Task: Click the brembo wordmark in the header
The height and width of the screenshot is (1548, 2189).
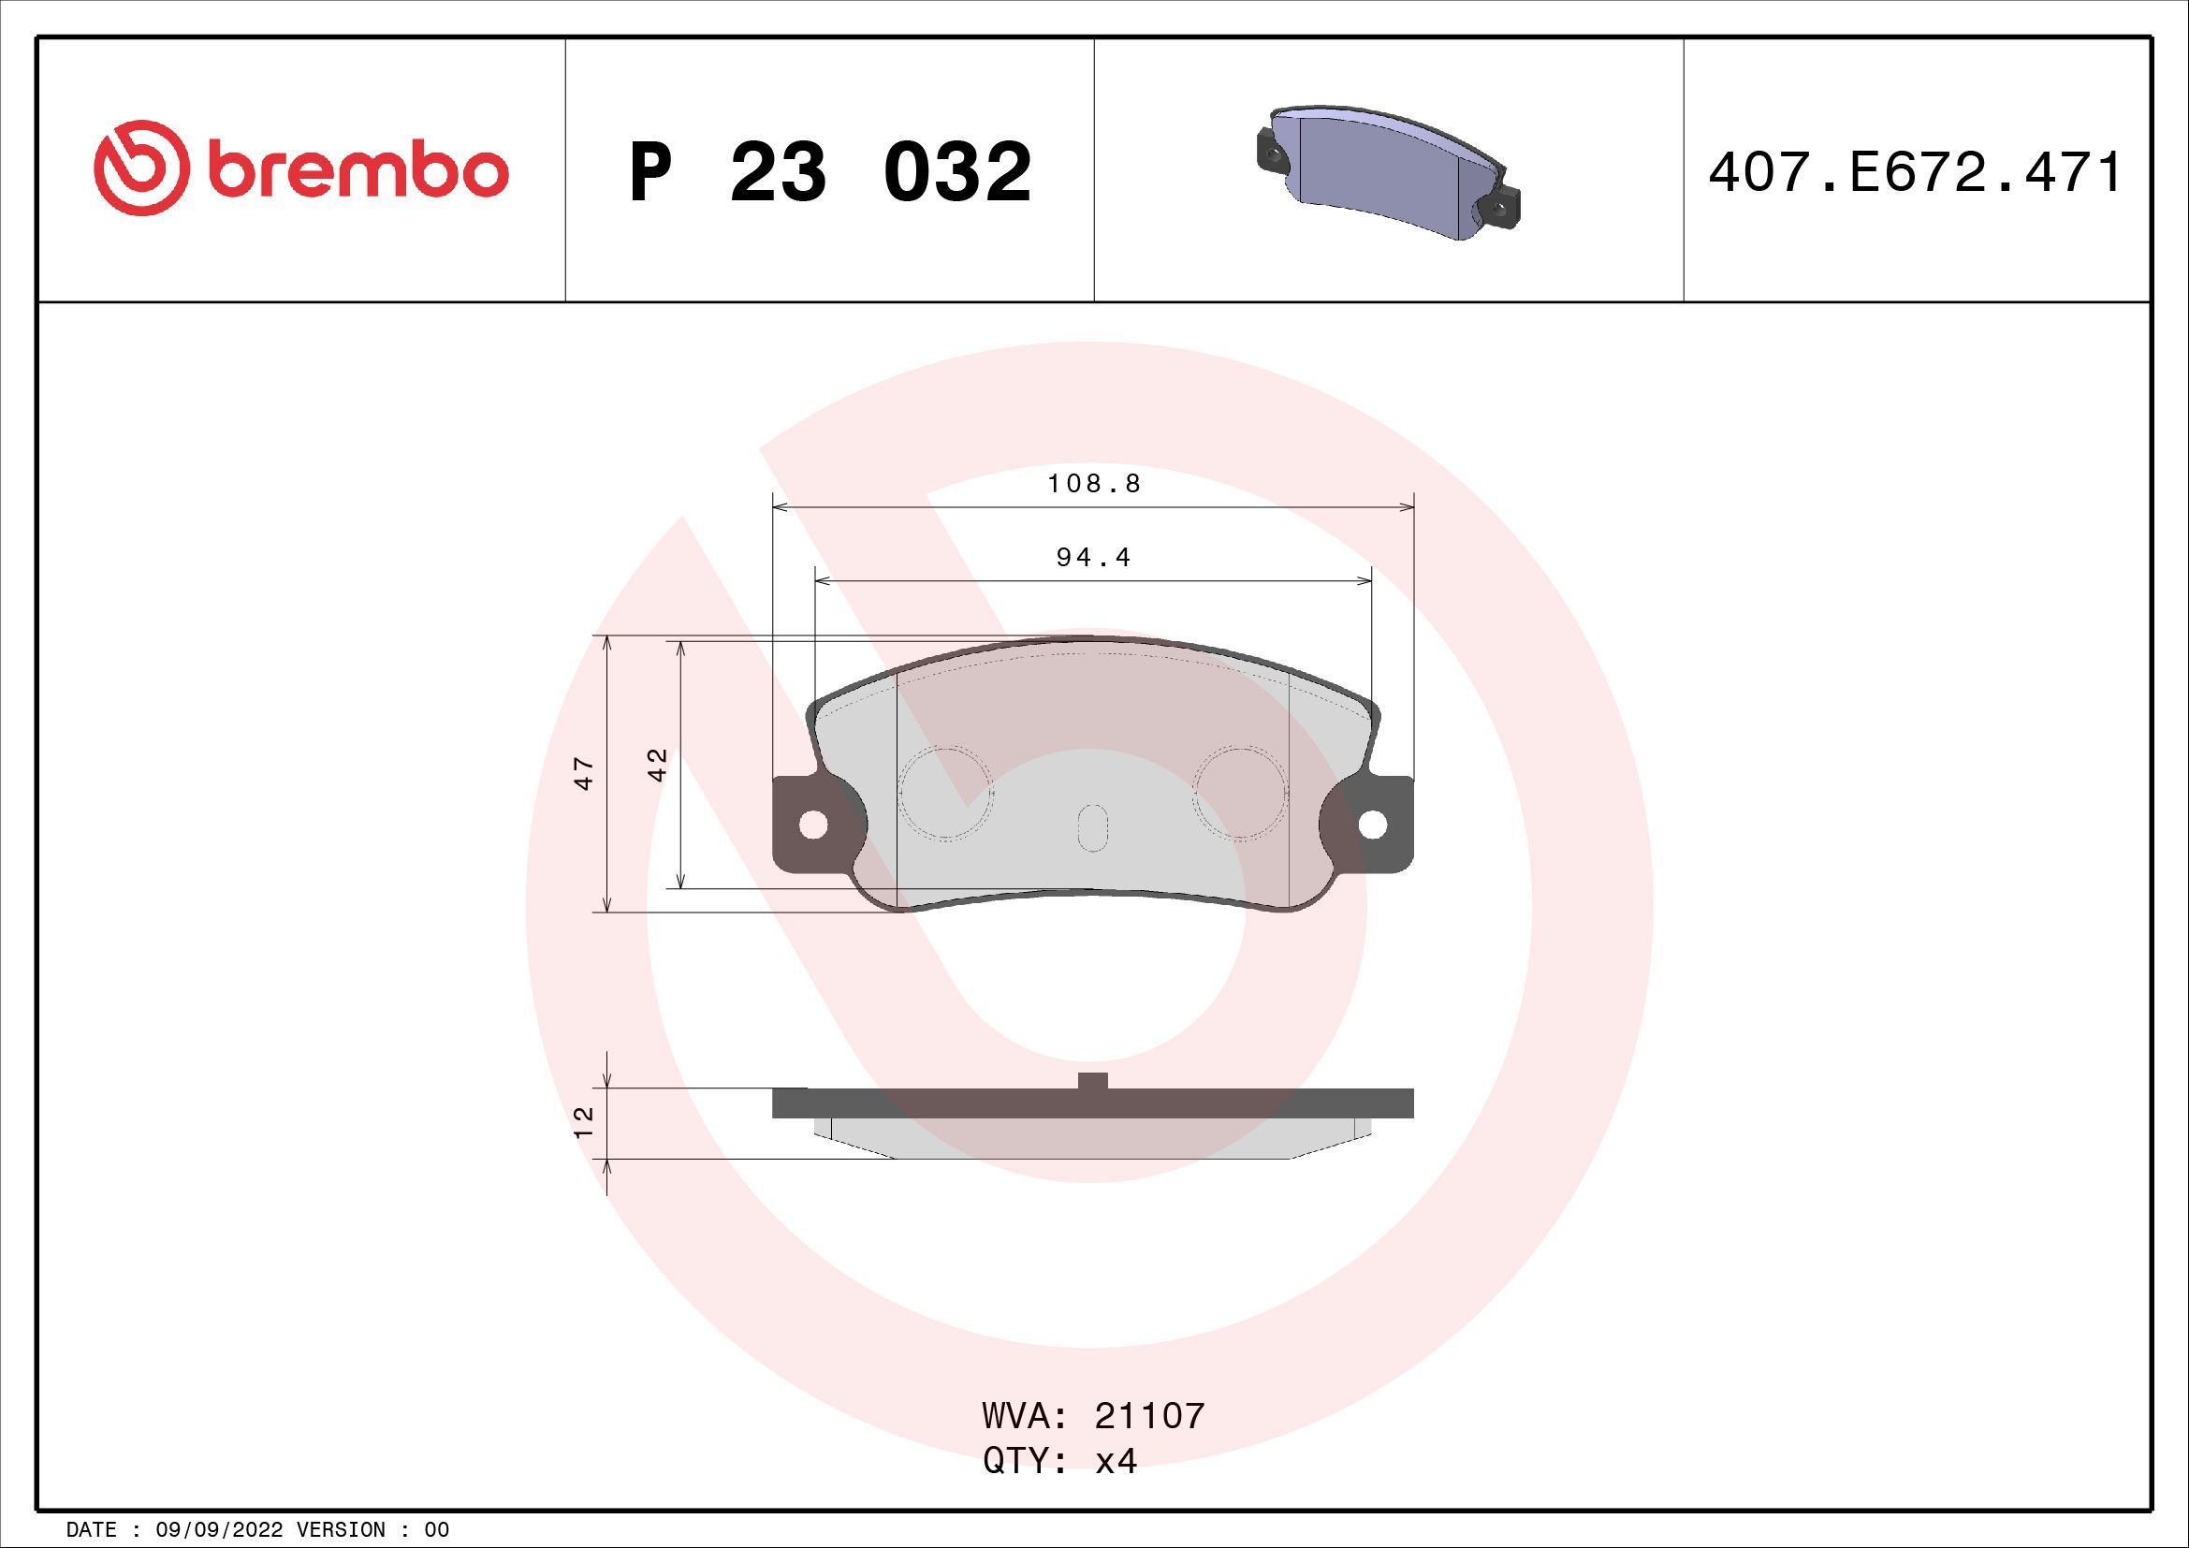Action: tap(352, 171)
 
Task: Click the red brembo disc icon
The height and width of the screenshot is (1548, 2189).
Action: tap(138, 168)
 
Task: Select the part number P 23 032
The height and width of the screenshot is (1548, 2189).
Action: tap(829, 171)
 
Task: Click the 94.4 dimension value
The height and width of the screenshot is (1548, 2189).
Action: tap(1093, 557)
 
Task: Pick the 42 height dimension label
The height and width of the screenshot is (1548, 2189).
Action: tap(658, 765)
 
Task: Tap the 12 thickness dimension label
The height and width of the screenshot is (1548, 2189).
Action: tap(584, 1121)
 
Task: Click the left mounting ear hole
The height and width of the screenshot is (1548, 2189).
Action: tap(812, 825)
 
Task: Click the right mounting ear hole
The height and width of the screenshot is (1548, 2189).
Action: tap(1372, 825)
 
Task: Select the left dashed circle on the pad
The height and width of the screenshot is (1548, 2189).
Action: tap(946, 792)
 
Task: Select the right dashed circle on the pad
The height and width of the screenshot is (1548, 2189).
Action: tap(1241, 792)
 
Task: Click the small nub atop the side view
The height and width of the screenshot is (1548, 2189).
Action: tap(1092, 1080)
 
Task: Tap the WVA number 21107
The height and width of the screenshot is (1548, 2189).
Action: tap(1149, 1416)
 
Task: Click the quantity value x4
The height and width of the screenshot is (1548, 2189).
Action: tap(1116, 1461)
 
